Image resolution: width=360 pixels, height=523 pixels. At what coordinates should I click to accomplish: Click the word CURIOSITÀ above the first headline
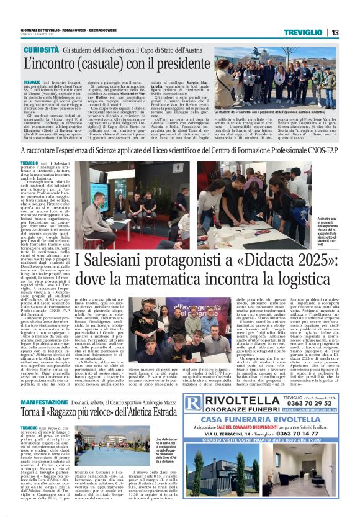click(x=43, y=49)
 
